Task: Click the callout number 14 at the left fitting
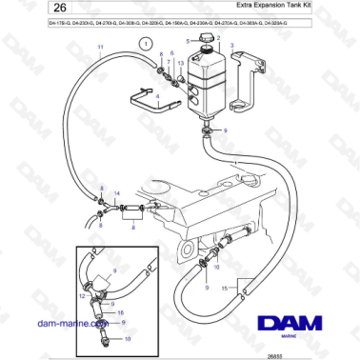tap(116, 193)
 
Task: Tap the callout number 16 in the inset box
tap(120, 310)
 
